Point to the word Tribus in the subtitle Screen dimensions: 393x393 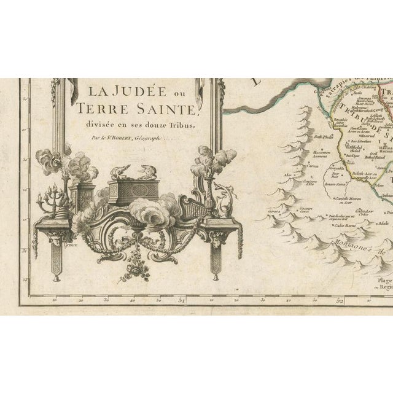[x=177, y=126]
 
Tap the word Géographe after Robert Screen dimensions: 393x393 [x=156, y=139]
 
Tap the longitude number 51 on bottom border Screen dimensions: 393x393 [x=182, y=300]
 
